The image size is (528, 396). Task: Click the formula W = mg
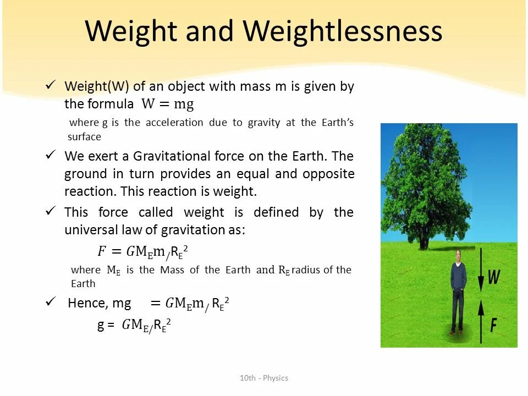(x=168, y=104)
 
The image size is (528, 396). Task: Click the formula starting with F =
(x=143, y=251)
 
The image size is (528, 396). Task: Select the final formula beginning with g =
(x=134, y=326)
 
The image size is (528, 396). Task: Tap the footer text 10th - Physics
(x=264, y=378)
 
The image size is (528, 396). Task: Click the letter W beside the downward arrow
(x=493, y=277)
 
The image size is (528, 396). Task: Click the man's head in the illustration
(x=458, y=256)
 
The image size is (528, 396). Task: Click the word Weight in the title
(x=131, y=31)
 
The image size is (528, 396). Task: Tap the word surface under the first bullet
(x=84, y=137)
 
